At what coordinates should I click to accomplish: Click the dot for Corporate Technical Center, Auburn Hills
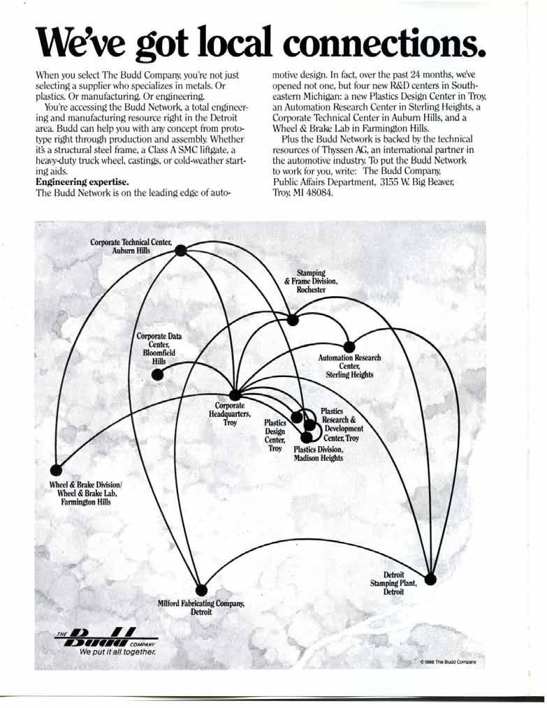tap(180, 252)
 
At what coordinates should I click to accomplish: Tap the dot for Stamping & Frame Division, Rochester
tap(293, 320)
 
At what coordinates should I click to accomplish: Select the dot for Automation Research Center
tap(347, 346)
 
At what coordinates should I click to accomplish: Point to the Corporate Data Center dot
tap(158, 374)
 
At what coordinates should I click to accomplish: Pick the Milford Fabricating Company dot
tap(201, 588)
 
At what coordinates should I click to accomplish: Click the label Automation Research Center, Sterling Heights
tap(349, 366)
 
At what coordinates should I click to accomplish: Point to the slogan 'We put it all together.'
tap(117, 652)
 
